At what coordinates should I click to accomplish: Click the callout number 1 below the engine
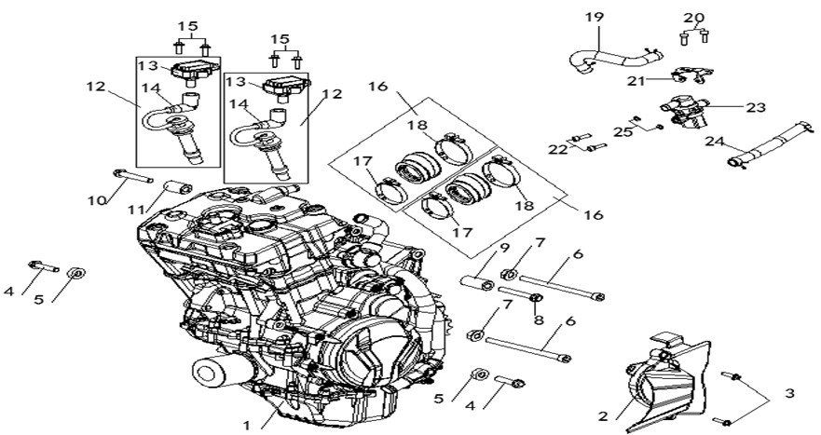(x=247, y=425)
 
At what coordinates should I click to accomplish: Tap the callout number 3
(x=789, y=394)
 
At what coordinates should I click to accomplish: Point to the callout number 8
(x=538, y=319)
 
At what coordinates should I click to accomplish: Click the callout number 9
(x=503, y=249)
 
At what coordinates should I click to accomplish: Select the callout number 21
(x=636, y=81)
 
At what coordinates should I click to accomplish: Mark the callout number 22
(x=557, y=149)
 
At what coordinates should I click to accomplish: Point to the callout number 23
(x=755, y=107)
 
